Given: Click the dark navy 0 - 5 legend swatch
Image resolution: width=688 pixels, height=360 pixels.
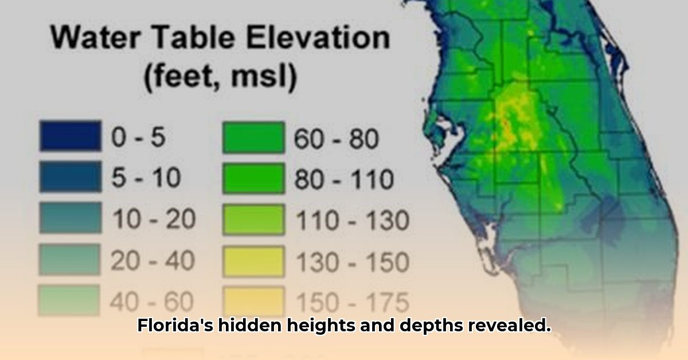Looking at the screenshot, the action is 71,136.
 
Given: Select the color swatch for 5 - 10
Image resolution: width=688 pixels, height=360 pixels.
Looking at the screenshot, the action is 71,177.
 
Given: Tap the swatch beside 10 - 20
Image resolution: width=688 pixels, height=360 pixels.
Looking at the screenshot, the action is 71,217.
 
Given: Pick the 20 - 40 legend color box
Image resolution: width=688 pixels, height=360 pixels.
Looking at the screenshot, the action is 70,259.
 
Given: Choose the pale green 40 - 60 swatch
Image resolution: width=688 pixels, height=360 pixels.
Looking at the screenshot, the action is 69,300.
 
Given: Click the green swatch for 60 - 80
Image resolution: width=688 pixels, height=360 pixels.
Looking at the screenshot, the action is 253,138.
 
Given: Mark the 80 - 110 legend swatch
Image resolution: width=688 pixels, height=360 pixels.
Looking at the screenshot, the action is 253,178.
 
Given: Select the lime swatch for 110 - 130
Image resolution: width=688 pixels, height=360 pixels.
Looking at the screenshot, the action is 253,220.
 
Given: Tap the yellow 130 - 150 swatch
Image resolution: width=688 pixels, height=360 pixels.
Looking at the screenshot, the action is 253,262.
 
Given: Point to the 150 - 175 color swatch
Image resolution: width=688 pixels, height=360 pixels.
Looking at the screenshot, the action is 253,302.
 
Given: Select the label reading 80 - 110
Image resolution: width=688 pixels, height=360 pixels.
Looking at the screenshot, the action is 344,179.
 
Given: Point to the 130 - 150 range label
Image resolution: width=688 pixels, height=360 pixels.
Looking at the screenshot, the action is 353,263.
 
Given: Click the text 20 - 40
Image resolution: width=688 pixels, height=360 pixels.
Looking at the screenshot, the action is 153,260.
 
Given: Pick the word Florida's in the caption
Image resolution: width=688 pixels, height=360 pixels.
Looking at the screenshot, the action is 175,325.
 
